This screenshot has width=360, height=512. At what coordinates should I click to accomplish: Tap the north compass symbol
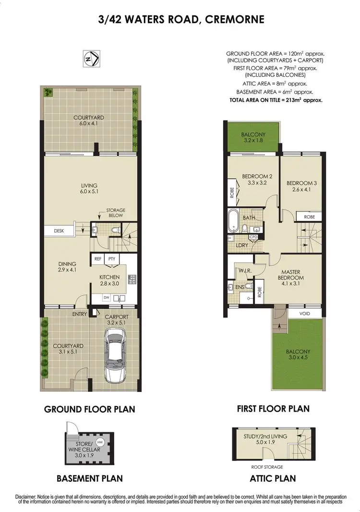pos(92,58)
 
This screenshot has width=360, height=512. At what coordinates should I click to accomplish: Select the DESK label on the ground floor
pos(59,231)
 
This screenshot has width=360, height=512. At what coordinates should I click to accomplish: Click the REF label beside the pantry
pos(98,259)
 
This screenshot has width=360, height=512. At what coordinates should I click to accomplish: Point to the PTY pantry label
pos(112,259)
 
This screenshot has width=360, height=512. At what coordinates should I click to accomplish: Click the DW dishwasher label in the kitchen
pos(107,298)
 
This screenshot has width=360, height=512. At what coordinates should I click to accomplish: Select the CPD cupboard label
pos(253,237)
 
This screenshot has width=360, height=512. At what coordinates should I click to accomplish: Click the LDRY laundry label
pos(242,245)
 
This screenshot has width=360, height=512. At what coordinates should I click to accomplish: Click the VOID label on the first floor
pos(304,314)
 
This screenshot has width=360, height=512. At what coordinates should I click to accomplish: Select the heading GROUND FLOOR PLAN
pos(89,409)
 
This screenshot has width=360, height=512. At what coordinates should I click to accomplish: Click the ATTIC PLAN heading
pos(272,478)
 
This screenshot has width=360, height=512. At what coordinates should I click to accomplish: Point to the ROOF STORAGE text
pos(266,466)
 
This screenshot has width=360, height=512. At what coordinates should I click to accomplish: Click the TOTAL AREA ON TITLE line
pos(275,100)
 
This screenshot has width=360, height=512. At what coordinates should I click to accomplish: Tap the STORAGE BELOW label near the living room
pos(115,213)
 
